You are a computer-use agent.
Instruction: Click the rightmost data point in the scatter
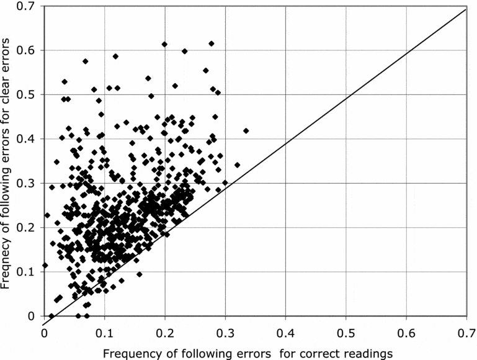tap(246, 131)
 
